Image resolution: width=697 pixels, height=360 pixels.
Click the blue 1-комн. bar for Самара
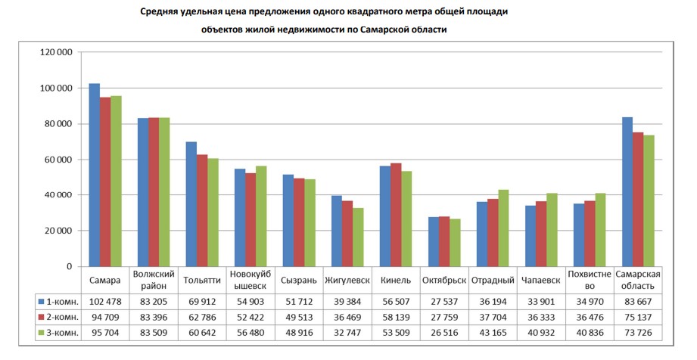95,175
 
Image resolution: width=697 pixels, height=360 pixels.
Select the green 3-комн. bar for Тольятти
213,213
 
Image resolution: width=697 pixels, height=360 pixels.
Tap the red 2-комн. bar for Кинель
396,215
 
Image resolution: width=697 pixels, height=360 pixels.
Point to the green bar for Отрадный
503,228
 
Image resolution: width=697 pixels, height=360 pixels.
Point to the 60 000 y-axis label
58,160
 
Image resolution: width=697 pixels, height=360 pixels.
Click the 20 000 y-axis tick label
58,231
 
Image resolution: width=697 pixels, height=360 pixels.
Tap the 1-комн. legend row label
61,301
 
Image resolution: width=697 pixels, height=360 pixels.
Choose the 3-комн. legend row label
61,332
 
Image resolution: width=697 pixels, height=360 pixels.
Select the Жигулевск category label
347,281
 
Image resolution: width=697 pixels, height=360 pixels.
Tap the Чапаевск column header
541,281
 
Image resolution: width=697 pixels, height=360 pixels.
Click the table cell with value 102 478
104,301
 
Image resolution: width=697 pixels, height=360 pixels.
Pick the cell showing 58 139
396,317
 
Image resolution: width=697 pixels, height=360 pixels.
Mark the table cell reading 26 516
444,332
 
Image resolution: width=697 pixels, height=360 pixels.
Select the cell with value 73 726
638,332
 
